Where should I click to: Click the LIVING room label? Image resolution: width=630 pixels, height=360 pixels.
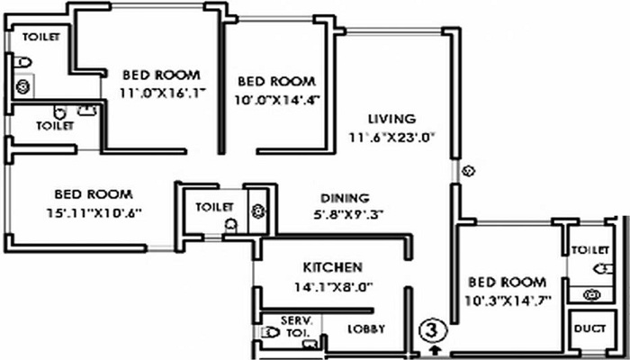coord(392,119)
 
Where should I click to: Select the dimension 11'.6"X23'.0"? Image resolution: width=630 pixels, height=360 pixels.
coord(392,138)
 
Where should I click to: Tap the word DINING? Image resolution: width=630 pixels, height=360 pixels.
coord(345,198)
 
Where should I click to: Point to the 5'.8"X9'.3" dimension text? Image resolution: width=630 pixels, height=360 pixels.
coord(348,215)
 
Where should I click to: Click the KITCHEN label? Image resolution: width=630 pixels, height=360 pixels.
coord(333,267)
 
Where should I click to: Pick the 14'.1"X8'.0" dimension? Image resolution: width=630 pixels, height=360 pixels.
coord(334,287)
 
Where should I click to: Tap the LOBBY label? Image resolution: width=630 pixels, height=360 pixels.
coord(366,329)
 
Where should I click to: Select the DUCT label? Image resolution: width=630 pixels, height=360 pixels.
coord(589,328)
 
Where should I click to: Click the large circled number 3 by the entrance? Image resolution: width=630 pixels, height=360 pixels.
coord(432,331)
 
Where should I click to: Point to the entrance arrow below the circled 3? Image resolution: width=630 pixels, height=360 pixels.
coord(434,349)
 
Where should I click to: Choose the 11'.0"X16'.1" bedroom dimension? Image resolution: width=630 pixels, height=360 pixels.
coord(162,94)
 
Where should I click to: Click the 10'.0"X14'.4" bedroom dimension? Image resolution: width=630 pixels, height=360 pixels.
coord(277,100)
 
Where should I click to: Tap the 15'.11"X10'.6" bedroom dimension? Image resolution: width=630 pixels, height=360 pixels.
coord(94,213)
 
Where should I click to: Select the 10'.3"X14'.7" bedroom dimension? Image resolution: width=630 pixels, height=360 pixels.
coord(508,300)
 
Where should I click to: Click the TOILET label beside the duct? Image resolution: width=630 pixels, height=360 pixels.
coord(590,250)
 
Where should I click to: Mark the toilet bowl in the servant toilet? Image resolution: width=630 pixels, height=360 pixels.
coord(270,332)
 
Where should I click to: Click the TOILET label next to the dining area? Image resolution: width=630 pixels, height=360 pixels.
coord(214,207)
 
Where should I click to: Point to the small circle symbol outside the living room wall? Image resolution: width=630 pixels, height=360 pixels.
coord(469,171)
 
